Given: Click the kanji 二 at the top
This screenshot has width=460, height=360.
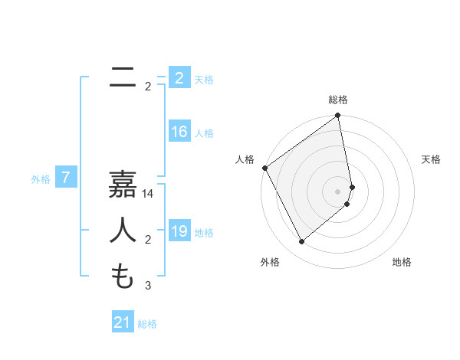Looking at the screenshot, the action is [123, 77].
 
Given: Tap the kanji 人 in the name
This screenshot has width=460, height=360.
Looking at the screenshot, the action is [123, 231].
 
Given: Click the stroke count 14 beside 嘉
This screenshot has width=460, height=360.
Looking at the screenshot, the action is [148, 195].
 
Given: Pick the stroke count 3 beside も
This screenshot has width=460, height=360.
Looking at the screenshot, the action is [148, 286].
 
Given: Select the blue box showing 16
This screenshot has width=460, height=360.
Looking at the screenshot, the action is [179, 132].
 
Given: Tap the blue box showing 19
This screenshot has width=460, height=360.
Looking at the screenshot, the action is [179, 231].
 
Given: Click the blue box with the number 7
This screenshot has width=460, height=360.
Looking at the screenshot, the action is [66, 178].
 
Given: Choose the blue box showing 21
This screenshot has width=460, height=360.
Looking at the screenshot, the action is [122, 322].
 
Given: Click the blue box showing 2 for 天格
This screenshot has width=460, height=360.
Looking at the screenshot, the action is [179, 78].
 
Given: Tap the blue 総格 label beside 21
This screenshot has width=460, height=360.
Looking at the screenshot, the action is [147, 324].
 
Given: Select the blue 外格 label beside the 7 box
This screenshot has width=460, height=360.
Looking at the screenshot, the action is [41, 179].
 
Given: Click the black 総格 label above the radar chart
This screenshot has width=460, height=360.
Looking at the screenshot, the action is [338, 100].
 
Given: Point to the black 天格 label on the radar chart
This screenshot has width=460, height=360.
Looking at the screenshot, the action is [432, 159].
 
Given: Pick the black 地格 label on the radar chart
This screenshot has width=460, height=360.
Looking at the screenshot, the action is [402, 262].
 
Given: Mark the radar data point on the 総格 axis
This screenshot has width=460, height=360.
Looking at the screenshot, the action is [338, 116].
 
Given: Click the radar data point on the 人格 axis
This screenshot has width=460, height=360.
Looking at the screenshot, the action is [264, 168].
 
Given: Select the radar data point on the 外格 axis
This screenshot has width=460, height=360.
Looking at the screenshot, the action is [302, 242].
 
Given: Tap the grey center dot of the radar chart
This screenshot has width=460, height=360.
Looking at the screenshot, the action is [338, 191].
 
